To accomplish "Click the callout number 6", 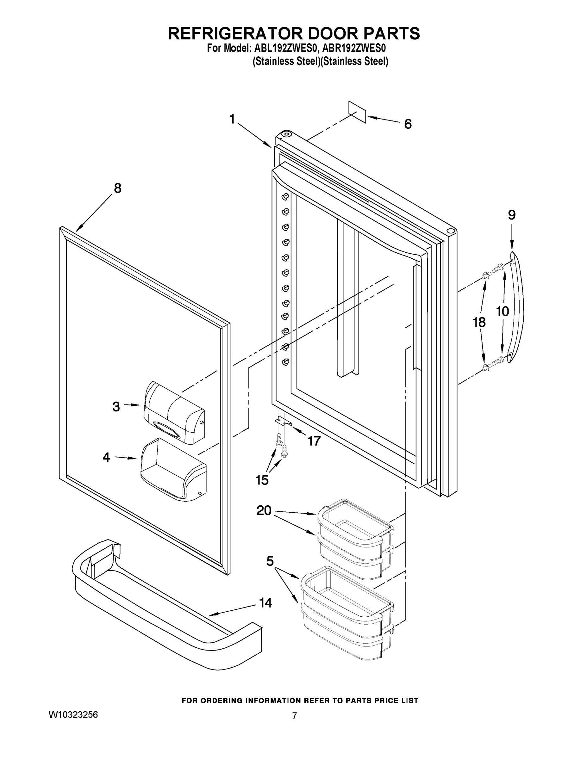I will click(408, 124).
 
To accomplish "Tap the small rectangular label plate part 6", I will click(358, 112).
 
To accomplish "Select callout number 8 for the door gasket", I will click(117, 188).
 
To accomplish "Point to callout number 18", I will click(479, 322).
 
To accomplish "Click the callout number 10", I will click(502, 312).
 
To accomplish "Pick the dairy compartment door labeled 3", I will click(174, 412).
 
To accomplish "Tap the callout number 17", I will click(314, 441).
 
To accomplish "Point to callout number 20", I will click(264, 510).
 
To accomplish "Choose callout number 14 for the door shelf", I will click(266, 602).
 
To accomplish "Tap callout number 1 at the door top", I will click(232, 119).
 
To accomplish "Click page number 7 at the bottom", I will click(294, 716).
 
